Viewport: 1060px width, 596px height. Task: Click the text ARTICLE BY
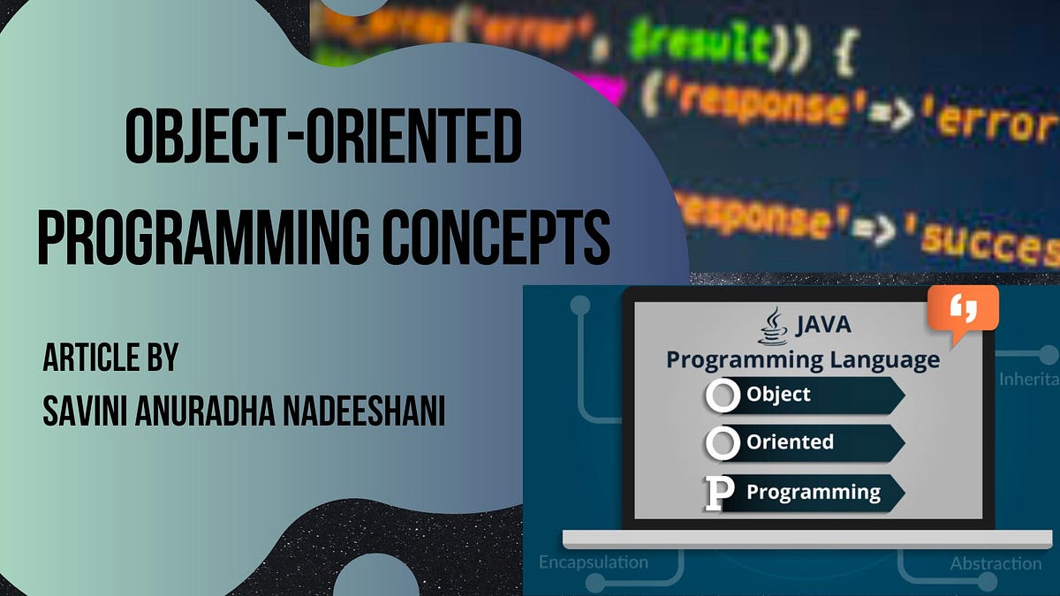click(110, 359)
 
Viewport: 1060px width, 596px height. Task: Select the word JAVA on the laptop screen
click(822, 325)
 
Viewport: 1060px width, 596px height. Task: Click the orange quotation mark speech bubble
click(969, 311)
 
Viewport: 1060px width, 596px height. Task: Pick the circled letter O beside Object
click(723, 396)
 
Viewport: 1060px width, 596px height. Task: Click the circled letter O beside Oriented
click(723, 442)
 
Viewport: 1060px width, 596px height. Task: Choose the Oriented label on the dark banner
click(790, 441)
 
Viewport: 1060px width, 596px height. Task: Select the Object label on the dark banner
click(778, 394)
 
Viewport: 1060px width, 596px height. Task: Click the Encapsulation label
click(593, 562)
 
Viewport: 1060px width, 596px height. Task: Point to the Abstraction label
click(996, 563)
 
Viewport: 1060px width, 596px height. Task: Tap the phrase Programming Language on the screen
click(802, 359)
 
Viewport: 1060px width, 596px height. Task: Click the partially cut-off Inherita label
click(1028, 379)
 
